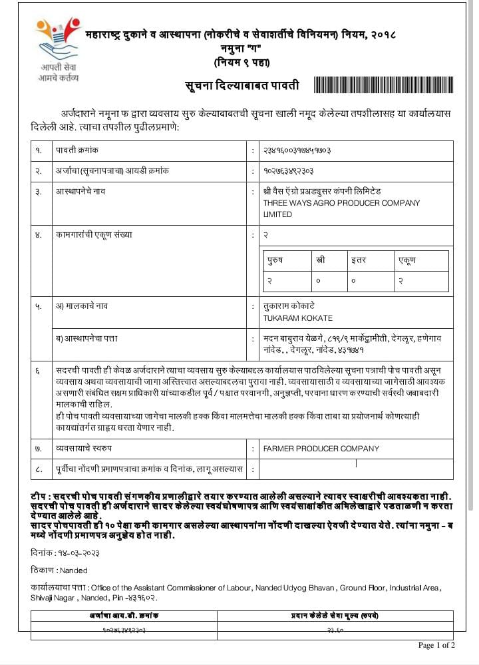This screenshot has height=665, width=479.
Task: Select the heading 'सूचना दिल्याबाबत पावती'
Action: (242, 86)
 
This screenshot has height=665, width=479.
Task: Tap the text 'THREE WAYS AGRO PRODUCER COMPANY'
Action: (341, 203)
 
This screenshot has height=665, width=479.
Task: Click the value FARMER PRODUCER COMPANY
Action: (321, 449)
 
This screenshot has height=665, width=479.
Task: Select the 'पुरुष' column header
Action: (275, 260)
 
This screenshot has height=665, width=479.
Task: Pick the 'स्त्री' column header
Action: (321, 260)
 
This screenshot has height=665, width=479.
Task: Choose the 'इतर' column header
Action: (359, 260)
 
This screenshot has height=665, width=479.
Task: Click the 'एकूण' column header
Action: (406, 260)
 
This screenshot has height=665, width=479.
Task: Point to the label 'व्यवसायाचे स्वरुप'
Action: (83, 449)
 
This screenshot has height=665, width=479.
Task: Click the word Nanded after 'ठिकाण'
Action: (73, 570)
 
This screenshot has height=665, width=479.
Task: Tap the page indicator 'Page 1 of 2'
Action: (436, 645)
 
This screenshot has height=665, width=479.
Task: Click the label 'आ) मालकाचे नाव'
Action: (82, 306)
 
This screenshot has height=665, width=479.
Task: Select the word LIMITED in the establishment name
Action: (277, 214)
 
